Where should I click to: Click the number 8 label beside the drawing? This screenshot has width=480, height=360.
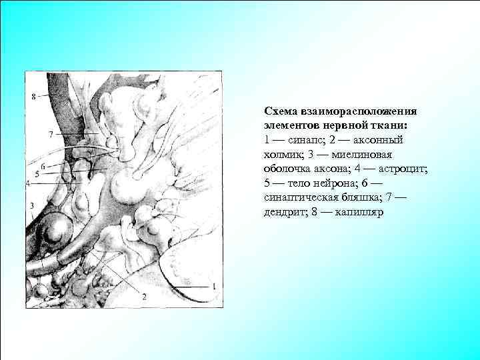click(33, 96)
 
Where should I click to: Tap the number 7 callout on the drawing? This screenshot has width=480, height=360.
click(51, 134)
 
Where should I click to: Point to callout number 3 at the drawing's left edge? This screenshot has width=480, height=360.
click(32, 205)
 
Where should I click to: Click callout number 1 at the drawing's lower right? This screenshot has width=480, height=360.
click(213, 285)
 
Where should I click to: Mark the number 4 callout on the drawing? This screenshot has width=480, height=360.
click(28, 183)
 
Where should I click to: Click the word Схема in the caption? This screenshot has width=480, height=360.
click(280, 111)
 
